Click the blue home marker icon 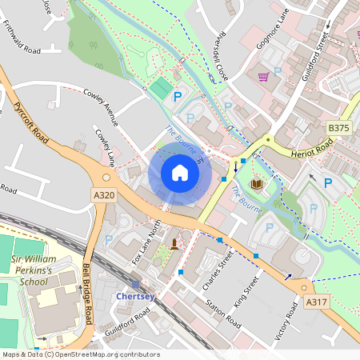(x=180, y=173)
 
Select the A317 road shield (x=318, y=302)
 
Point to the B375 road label (x=339, y=126)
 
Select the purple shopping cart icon (x=262, y=77)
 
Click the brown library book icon (x=256, y=185)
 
